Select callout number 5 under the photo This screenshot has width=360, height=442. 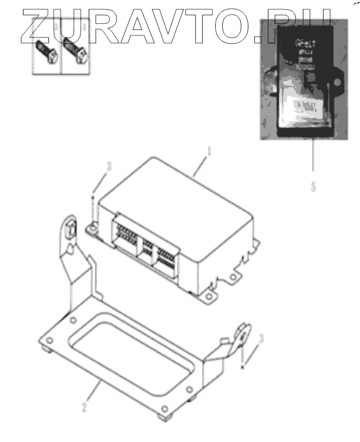(x=313, y=186)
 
